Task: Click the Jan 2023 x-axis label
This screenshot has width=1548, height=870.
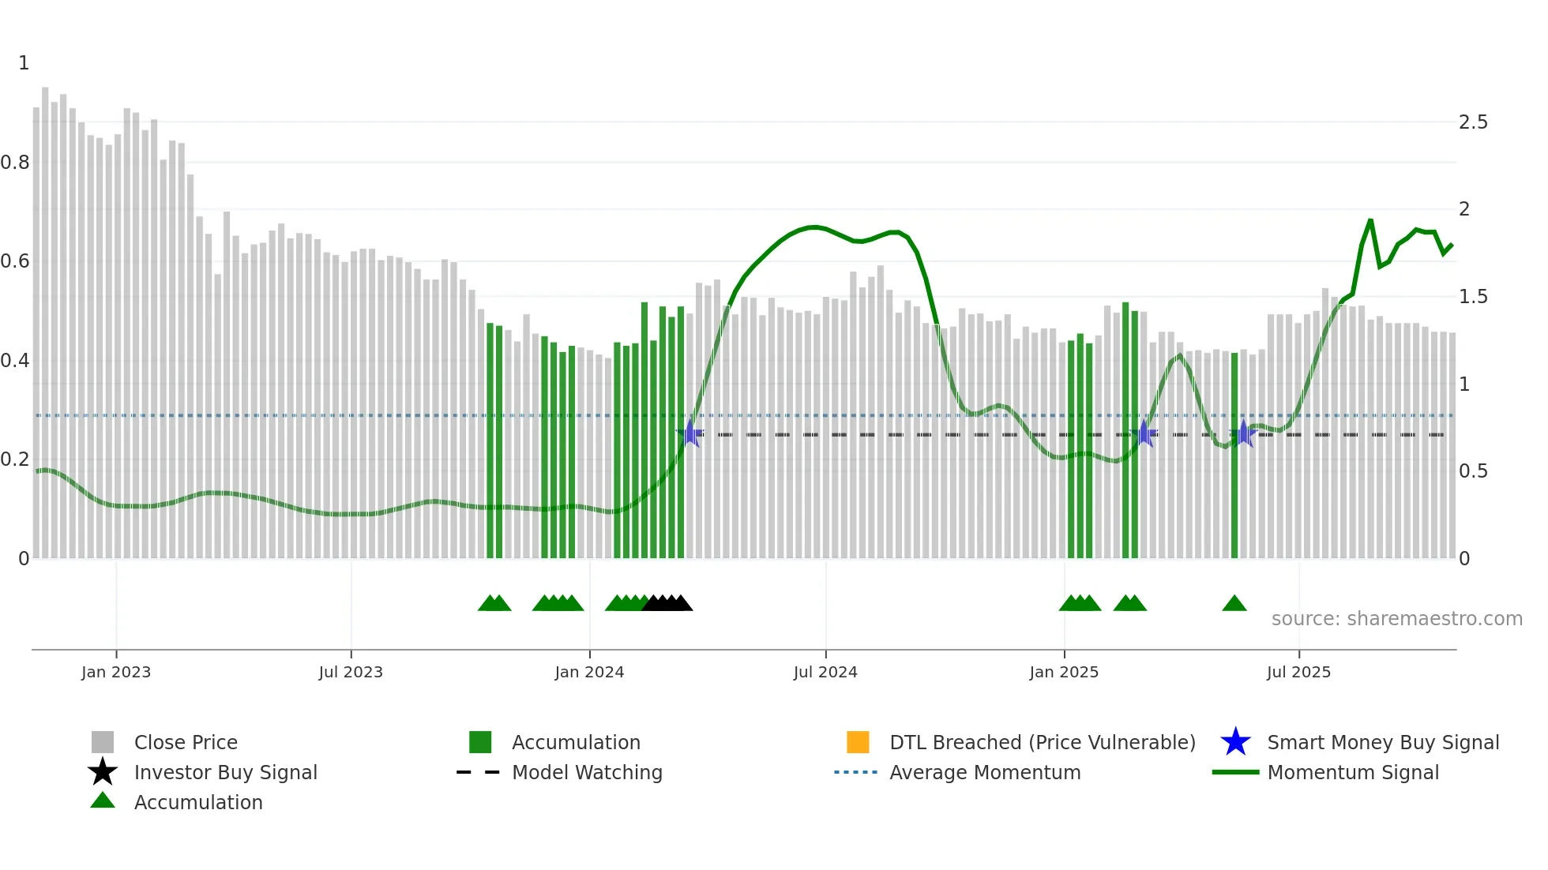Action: point(116,672)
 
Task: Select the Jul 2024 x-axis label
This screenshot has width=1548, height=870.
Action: point(825,672)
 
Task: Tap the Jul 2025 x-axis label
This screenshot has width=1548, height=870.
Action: point(1298,672)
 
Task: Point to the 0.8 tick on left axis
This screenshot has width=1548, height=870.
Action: point(15,163)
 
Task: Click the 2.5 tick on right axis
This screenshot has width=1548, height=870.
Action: point(1473,122)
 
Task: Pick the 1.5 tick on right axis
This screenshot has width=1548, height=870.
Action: point(1473,297)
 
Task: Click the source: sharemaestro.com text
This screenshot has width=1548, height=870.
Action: point(1396,619)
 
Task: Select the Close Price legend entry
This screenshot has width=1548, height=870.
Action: point(186,742)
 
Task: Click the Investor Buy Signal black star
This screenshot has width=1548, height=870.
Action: point(103,772)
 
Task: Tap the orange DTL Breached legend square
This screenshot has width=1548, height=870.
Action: point(858,742)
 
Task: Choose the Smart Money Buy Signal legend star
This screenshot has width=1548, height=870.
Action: point(1235,742)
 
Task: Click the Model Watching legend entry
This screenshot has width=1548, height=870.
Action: point(586,772)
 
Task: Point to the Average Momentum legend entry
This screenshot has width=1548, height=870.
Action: point(984,772)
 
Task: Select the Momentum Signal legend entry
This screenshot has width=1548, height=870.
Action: point(1352,772)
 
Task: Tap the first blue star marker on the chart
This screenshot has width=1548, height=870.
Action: point(690,433)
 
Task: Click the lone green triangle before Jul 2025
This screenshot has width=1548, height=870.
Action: point(1234,604)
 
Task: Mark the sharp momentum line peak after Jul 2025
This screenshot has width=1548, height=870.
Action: point(1370,220)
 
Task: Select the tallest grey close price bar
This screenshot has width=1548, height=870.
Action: point(45,316)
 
